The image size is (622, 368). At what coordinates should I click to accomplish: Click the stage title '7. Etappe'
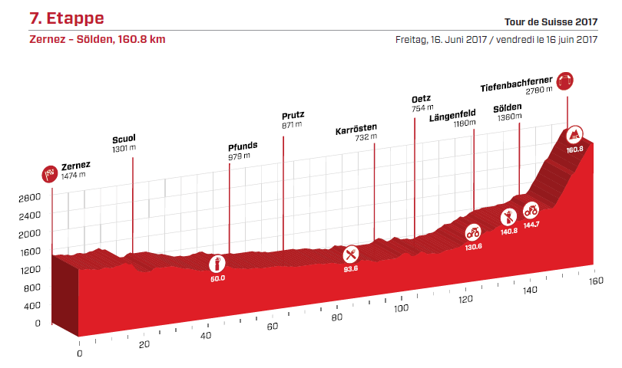[66, 18]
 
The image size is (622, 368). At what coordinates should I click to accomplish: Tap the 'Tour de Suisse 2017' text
[551, 22]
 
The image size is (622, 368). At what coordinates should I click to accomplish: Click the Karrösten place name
[356, 130]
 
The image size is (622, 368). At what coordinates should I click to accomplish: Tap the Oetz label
[421, 99]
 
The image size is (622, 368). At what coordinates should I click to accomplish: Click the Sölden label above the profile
[508, 108]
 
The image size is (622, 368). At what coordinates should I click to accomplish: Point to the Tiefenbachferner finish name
[516, 80]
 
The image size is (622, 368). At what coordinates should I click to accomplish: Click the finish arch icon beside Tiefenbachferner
[567, 80]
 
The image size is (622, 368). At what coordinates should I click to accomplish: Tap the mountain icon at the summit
[573, 135]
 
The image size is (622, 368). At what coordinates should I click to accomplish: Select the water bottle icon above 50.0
[217, 263]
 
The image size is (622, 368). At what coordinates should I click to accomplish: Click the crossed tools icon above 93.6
[352, 253]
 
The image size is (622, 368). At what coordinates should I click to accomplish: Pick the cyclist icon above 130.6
[473, 231]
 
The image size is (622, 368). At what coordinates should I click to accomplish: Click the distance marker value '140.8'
[509, 231]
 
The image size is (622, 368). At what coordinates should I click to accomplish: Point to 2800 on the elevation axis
[29, 197]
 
